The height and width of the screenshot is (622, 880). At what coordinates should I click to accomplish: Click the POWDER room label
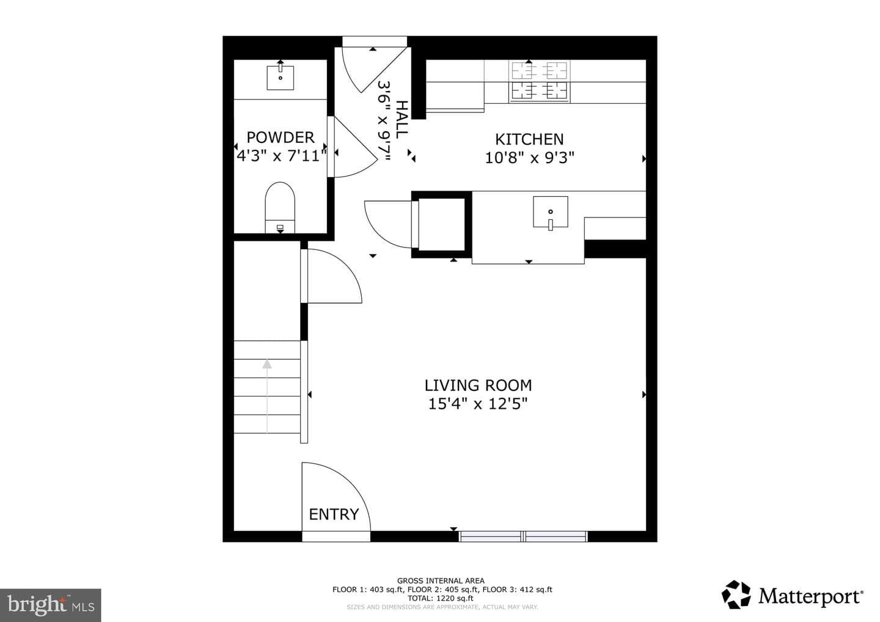tap(280, 137)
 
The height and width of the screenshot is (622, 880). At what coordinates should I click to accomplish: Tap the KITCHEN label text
tap(529, 139)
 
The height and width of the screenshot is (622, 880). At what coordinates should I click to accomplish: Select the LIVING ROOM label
tap(478, 385)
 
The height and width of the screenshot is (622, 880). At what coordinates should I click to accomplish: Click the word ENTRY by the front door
tap(334, 514)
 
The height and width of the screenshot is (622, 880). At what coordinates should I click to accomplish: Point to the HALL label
tap(402, 119)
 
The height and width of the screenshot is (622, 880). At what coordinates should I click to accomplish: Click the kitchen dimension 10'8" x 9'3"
tap(530, 158)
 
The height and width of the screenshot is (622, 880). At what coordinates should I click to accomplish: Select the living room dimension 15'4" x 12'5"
tap(478, 404)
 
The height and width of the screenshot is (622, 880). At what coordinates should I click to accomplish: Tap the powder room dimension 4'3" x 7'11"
tap(281, 156)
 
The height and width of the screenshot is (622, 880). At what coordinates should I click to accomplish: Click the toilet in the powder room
tap(280, 208)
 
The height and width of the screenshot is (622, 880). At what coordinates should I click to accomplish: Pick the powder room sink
tap(280, 78)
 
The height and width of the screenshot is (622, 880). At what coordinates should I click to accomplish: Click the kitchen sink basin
tap(551, 212)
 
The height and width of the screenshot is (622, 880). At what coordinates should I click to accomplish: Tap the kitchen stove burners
tap(540, 82)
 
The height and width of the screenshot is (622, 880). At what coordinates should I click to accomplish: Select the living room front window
tap(523, 536)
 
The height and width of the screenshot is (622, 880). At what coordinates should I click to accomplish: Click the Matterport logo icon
tap(736, 595)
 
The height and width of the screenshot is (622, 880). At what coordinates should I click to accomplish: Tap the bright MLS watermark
tap(51, 605)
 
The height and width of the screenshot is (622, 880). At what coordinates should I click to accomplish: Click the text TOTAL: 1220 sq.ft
tap(441, 598)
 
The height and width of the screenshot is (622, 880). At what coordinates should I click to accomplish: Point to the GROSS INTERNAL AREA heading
tap(441, 581)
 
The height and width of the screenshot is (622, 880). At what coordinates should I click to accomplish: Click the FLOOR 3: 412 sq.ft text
tap(518, 590)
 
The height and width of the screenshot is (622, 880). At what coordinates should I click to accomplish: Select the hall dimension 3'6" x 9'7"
tap(384, 121)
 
